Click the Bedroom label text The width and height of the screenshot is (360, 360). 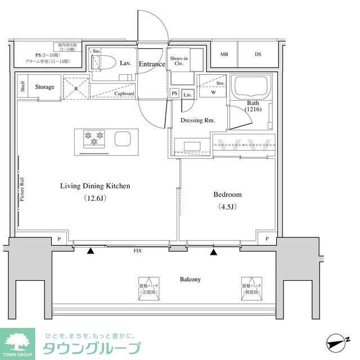227,195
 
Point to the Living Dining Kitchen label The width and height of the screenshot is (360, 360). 95,186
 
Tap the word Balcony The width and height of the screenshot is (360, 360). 190,279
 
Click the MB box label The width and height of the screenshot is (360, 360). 224,55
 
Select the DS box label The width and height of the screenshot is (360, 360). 258,55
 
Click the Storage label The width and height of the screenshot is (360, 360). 44,87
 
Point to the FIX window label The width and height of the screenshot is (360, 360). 137,250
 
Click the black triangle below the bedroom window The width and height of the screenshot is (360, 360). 214,251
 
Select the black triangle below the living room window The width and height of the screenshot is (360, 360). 91,251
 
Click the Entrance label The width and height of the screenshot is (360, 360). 152,64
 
